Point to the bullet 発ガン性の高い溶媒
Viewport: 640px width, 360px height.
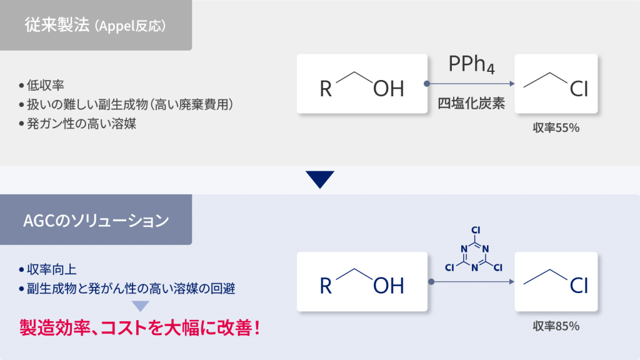tap(81, 123)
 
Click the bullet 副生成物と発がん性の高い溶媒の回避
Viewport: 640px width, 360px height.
tap(131, 289)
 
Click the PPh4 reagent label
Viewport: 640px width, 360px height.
tap(471, 64)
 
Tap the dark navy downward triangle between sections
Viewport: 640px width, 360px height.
tap(321, 179)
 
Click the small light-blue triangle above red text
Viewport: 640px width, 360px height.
tap(140, 306)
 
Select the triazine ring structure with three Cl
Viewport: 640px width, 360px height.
tap(474, 254)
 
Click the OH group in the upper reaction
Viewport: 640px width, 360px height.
tap(389, 89)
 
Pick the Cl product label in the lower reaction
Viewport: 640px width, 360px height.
tap(579, 286)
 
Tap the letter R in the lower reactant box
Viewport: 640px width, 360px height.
tap(326, 286)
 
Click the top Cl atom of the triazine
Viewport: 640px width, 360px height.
tap(475, 230)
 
